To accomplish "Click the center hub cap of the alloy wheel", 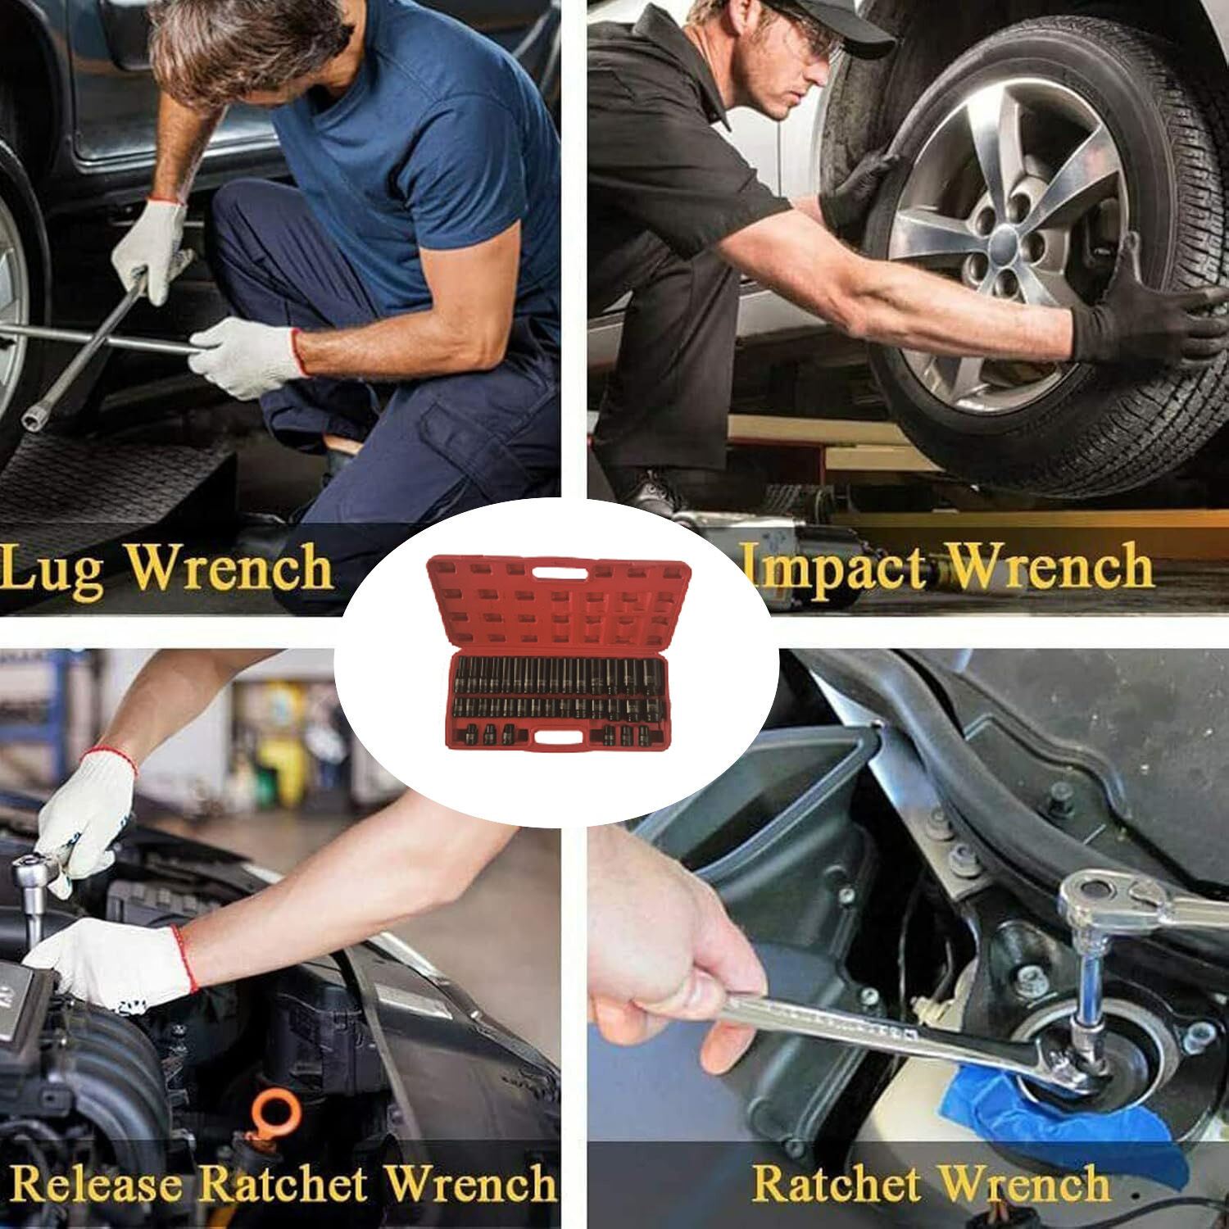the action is pyautogui.click(x=1007, y=244).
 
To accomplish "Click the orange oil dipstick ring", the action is pyautogui.click(x=272, y=1114).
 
